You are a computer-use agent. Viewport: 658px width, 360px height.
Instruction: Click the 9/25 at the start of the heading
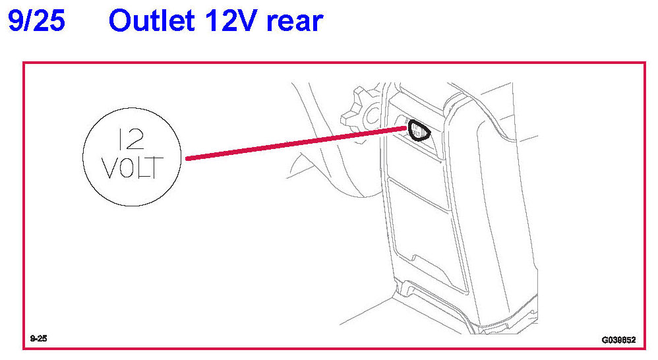[x=36, y=22]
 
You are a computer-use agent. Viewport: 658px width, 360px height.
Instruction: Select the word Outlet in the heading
[x=150, y=22]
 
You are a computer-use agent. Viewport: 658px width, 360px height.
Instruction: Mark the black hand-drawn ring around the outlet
[x=418, y=131]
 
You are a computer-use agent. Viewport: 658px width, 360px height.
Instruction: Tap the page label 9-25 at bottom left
[x=38, y=339]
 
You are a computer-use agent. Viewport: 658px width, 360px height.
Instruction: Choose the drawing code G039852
[x=618, y=340]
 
